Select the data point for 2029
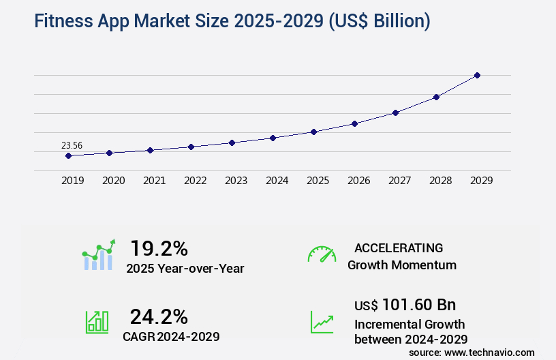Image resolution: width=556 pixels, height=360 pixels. click(477, 75)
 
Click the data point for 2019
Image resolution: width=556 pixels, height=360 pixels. click(68, 155)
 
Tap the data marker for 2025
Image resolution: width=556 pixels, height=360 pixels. click(313, 132)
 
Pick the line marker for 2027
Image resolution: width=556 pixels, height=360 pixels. click(395, 112)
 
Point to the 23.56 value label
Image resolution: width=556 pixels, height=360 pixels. click(72, 145)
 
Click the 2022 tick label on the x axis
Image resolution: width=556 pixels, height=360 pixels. click(195, 181)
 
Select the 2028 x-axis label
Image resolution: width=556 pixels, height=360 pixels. click(440, 181)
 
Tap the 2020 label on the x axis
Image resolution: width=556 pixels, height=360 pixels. click(113, 181)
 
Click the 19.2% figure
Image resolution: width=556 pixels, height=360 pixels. click(159, 247)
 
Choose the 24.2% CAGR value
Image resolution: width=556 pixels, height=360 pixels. click(159, 316)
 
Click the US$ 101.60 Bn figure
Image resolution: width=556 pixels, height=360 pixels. click(405, 304)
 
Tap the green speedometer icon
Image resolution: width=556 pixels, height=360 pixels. click(322, 254)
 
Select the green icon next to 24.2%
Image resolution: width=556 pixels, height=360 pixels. click(97, 322)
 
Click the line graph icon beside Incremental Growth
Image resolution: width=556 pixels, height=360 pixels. click(322, 322)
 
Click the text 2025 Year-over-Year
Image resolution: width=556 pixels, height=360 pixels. click(185, 269)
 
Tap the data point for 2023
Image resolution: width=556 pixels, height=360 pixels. click(232, 142)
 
